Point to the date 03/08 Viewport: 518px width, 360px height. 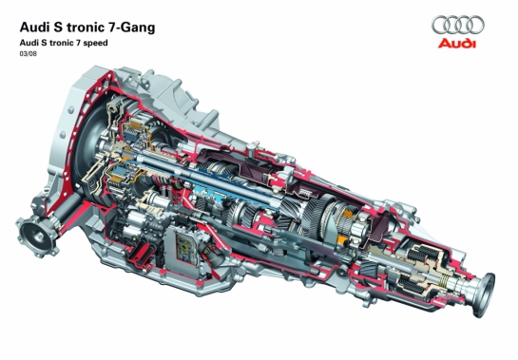pos(29,54)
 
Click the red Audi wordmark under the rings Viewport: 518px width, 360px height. pos(457,44)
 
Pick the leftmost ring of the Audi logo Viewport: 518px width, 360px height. pos(441,25)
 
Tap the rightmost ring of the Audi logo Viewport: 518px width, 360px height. pos(474,25)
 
